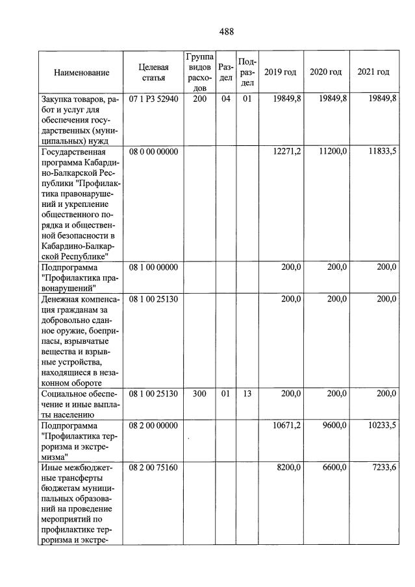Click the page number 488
(226, 31)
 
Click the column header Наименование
(81, 73)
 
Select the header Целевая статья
(153, 73)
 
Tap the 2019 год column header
(280, 72)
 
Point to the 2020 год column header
(325, 72)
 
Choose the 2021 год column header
(373, 72)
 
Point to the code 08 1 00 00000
(153, 267)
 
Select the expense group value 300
(199, 394)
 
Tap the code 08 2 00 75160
(153, 468)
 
